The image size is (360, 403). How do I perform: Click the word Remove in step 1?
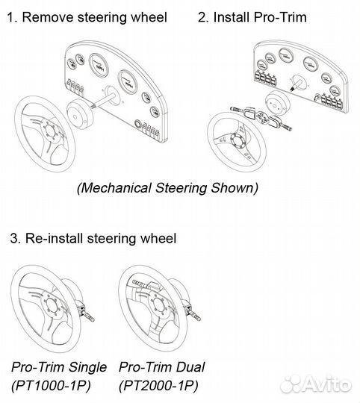48,17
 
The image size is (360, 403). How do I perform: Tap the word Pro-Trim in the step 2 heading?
280,17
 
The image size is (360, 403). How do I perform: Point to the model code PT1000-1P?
52,386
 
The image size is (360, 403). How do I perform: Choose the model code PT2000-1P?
158,386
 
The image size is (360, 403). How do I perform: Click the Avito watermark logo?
316,384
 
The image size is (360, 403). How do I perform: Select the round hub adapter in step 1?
79,114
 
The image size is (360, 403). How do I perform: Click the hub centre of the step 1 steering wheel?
51,132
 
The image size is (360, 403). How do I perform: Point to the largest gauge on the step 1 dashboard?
99,66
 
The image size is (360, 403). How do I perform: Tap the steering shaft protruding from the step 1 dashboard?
103,100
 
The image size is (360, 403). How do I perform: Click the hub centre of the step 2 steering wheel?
237,142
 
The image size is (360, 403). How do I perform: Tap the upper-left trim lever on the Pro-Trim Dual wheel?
140,284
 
